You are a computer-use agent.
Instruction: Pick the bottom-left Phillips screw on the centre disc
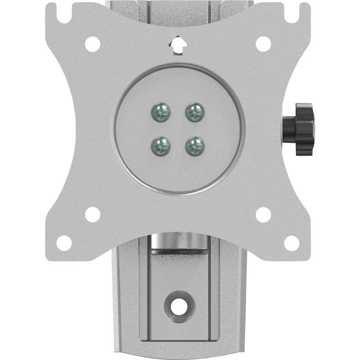160,146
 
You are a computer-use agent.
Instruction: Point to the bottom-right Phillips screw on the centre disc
195,146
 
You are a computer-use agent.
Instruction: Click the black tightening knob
300,129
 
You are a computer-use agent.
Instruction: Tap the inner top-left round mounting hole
93,44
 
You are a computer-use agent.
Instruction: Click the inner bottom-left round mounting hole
93,215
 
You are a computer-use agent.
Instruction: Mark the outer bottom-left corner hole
64,243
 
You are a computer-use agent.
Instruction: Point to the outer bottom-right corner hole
291,243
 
